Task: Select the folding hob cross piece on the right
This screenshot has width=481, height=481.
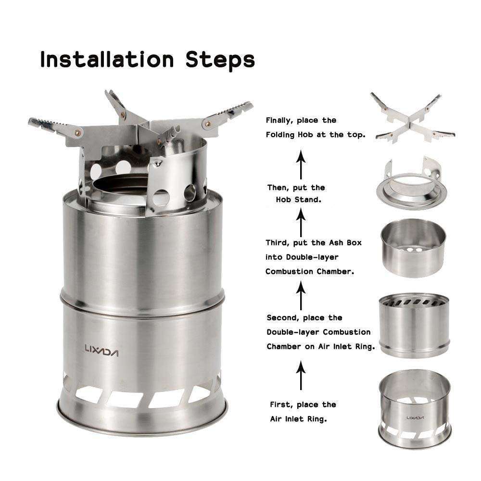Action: (413, 118)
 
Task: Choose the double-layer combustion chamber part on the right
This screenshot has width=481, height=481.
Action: (414, 325)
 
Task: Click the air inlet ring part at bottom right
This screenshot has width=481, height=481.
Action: (414, 409)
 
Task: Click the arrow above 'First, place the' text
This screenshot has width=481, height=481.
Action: (301, 376)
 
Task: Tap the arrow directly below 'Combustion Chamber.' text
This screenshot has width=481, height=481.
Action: (301, 295)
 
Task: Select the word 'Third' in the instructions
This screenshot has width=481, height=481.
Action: (278, 242)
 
